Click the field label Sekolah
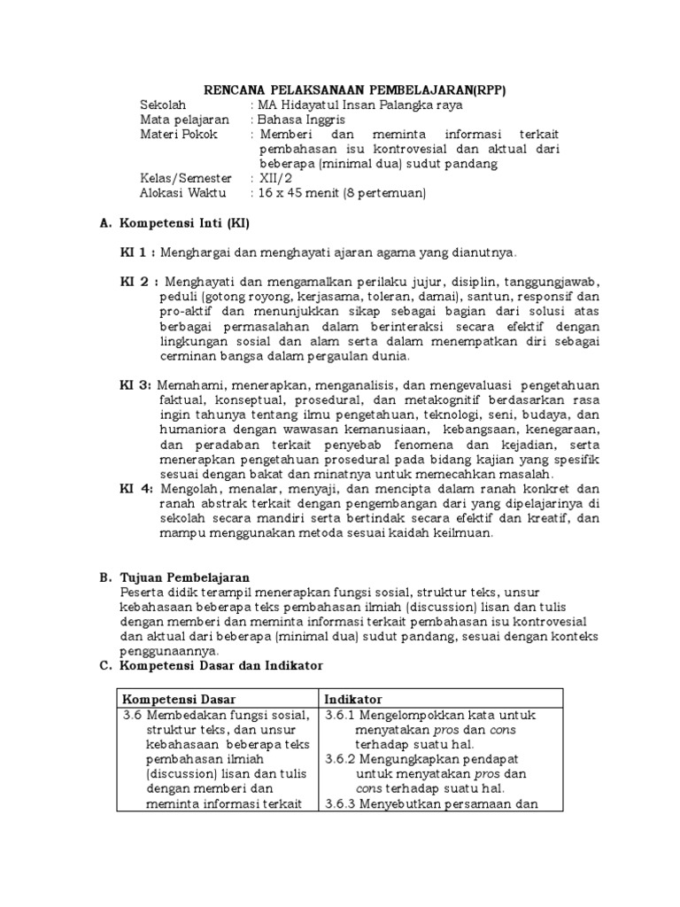(x=166, y=105)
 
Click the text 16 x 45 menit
(x=301, y=193)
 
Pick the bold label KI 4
(x=135, y=488)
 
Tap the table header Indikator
(x=352, y=700)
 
